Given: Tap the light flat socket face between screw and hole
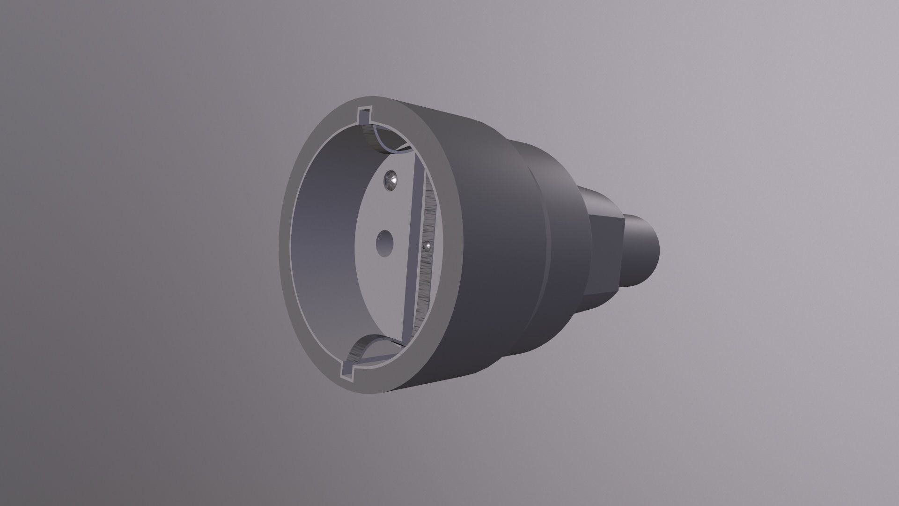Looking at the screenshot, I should point(386,211).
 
